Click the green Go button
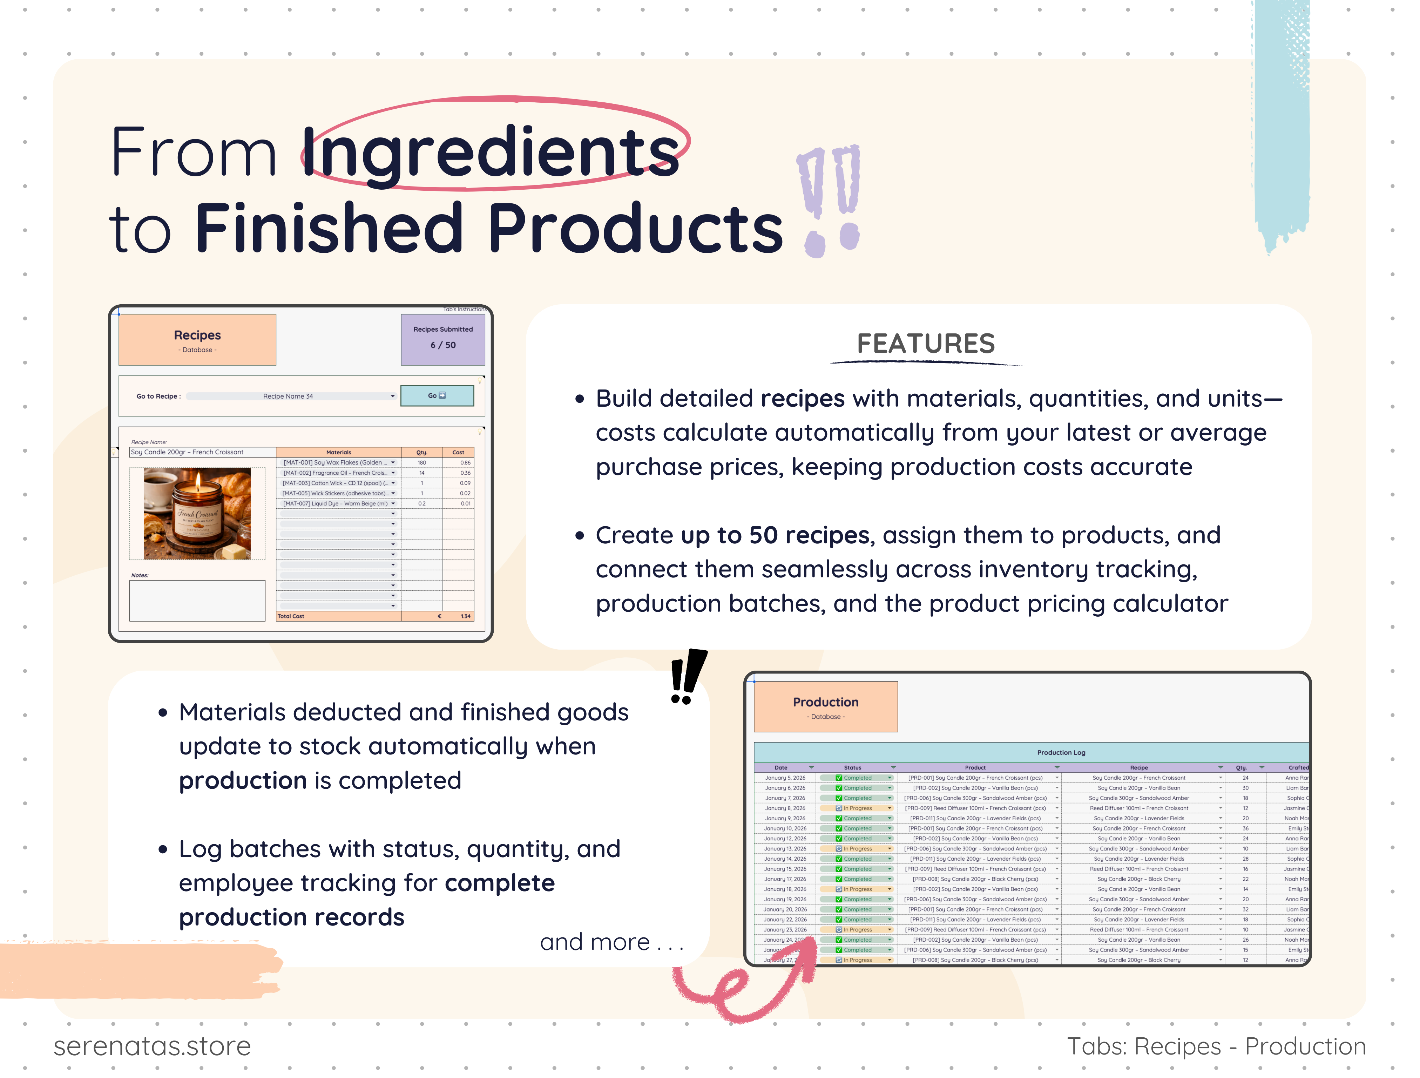[x=437, y=395]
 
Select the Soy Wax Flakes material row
[x=338, y=462]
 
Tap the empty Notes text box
[x=197, y=600]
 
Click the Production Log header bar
[x=1061, y=752]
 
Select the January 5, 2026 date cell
[x=784, y=778]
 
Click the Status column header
[x=852, y=767]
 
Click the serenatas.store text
[x=152, y=1046]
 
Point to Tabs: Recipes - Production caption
[x=1216, y=1046]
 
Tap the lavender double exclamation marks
[x=830, y=199]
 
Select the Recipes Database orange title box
[x=197, y=340]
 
